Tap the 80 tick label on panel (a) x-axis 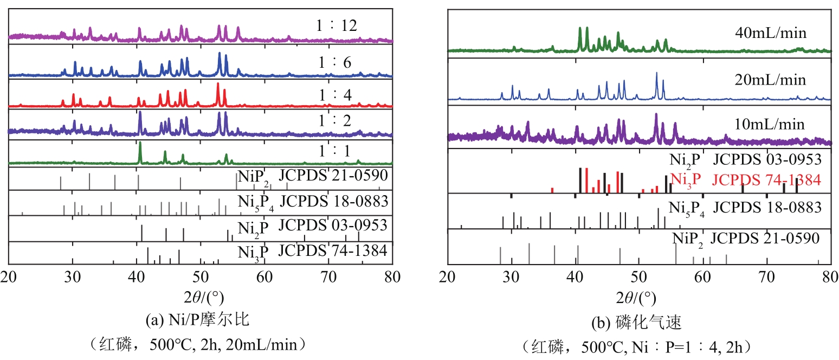(392, 276)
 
